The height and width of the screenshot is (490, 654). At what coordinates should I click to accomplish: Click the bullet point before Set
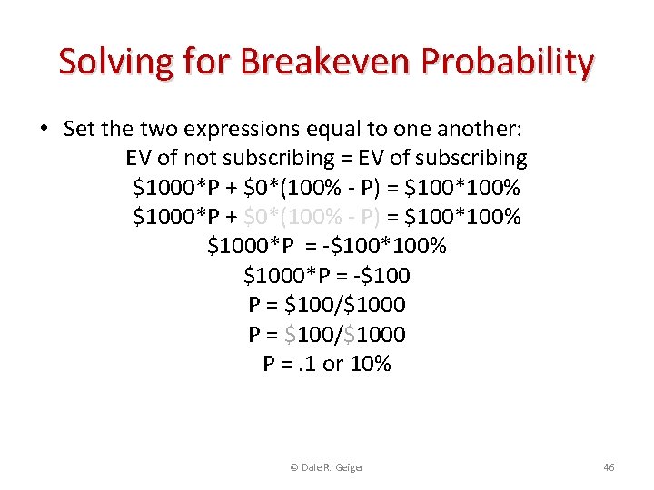coord(44,129)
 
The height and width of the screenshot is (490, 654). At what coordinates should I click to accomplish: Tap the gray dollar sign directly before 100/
coord(290,335)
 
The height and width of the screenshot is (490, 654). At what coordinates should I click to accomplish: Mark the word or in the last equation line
coord(334,364)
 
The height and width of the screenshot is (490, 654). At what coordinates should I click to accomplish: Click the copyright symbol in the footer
coord(293,466)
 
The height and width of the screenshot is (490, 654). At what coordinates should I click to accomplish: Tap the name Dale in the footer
coord(311,466)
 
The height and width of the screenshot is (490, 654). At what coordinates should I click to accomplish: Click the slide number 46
coord(609,466)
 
